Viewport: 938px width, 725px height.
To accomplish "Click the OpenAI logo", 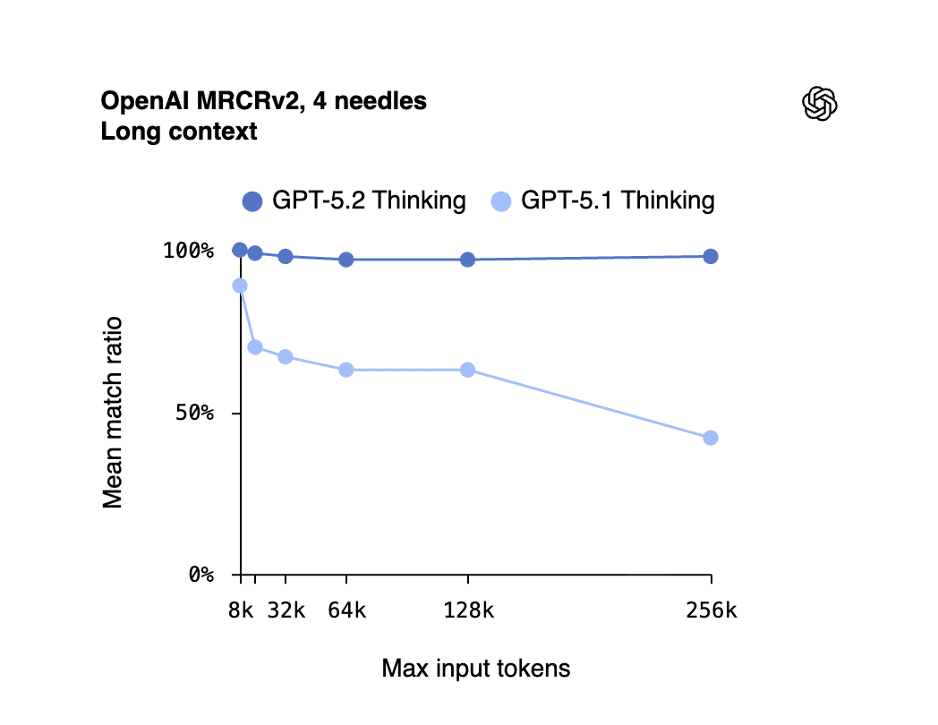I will pos(819,104).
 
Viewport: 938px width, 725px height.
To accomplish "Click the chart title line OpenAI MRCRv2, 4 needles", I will pos(263,101).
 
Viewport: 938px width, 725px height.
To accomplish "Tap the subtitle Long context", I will pos(179,132).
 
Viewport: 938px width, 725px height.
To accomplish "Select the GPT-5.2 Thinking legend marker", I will pos(252,201).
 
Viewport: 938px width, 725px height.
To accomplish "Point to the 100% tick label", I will pos(188,251).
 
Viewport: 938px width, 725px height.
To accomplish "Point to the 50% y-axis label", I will pos(192,414).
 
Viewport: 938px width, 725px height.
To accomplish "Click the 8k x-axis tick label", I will pos(240,611).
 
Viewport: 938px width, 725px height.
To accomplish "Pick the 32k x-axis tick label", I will pos(287,611).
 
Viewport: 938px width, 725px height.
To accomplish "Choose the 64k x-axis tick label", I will pos(346,611).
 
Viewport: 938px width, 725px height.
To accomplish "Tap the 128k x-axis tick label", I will pos(468,611).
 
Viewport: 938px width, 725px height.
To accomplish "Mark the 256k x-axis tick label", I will pos(711,611).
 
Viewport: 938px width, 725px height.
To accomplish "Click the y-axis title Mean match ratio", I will pos(113,413).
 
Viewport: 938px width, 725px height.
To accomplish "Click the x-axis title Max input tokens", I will pos(475,669).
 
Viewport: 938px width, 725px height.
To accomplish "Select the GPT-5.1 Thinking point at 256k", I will pos(711,438).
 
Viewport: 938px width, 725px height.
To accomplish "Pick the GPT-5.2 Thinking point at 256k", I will pos(711,256).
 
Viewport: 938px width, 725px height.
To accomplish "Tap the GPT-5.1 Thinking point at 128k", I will pos(467,370).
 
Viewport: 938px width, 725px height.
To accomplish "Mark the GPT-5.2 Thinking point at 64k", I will pos(346,260).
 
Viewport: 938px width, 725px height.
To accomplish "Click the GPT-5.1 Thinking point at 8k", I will pos(240,286).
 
